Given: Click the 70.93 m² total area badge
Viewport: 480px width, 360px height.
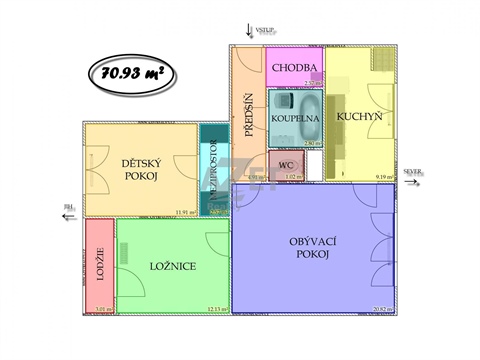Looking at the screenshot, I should [x=127, y=71].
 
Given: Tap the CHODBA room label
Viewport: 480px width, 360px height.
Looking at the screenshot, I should [x=296, y=68].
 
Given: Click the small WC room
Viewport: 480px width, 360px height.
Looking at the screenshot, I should [x=285, y=166].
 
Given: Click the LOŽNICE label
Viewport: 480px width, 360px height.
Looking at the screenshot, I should [x=172, y=266].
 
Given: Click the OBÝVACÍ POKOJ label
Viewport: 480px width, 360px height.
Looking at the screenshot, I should [x=309, y=246].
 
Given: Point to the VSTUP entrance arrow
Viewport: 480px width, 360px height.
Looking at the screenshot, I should [x=253, y=31].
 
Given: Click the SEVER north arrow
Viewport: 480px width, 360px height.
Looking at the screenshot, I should [x=413, y=173].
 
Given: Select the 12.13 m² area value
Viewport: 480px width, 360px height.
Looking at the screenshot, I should [x=214, y=308].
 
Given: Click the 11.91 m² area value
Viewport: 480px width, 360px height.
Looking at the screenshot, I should [x=183, y=212].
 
